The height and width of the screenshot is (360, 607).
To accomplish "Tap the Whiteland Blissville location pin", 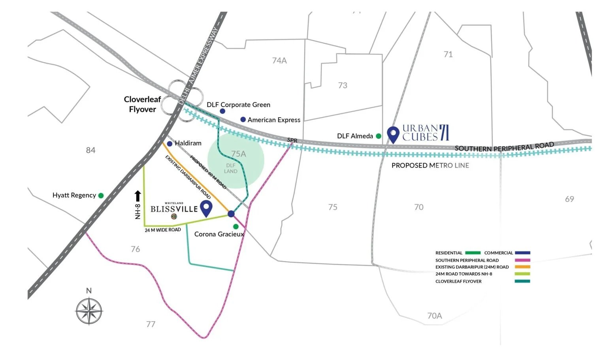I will (x=206, y=208).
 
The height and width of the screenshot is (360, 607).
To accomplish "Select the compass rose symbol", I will (x=89, y=311).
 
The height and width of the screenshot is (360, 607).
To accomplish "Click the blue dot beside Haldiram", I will (x=170, y=143).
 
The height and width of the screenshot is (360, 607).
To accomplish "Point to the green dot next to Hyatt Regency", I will (x=101, y=196).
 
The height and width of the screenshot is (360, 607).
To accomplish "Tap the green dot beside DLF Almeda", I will (x=379, y=136).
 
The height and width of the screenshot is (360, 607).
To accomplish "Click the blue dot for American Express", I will (x=243, y=119).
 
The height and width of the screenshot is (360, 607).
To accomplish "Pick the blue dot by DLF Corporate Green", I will (x=222, y=111).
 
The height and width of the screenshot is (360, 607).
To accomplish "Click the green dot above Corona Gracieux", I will (x=236, y=226).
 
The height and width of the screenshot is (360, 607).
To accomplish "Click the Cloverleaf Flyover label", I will (x=142, y=104).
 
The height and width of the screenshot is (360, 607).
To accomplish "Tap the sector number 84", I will (x=90, y=150).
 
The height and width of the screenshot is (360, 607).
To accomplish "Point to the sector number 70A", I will (x=434, y=316).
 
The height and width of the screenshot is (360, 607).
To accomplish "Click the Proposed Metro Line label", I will (x=430, y=166).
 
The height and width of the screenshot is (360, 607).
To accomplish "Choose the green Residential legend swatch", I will (x=473, y=253).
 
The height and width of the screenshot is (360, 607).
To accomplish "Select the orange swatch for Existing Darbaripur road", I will (x=522, y=267).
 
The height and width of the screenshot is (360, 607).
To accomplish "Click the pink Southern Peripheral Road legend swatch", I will (x=522, y=260).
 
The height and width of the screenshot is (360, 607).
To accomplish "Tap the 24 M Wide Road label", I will (x=162, y=230).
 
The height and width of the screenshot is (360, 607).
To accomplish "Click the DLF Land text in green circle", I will (x=231, y=168).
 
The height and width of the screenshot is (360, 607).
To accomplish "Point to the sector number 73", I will (x=343, y=85).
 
